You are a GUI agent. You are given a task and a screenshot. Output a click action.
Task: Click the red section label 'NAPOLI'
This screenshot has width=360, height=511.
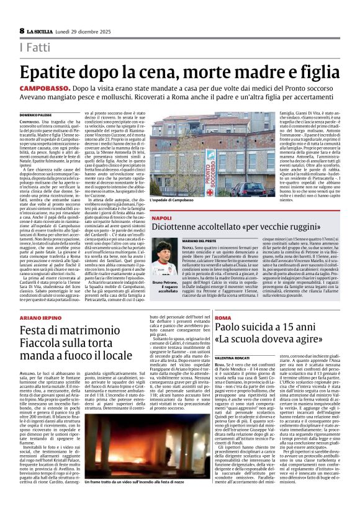[143, 219]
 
